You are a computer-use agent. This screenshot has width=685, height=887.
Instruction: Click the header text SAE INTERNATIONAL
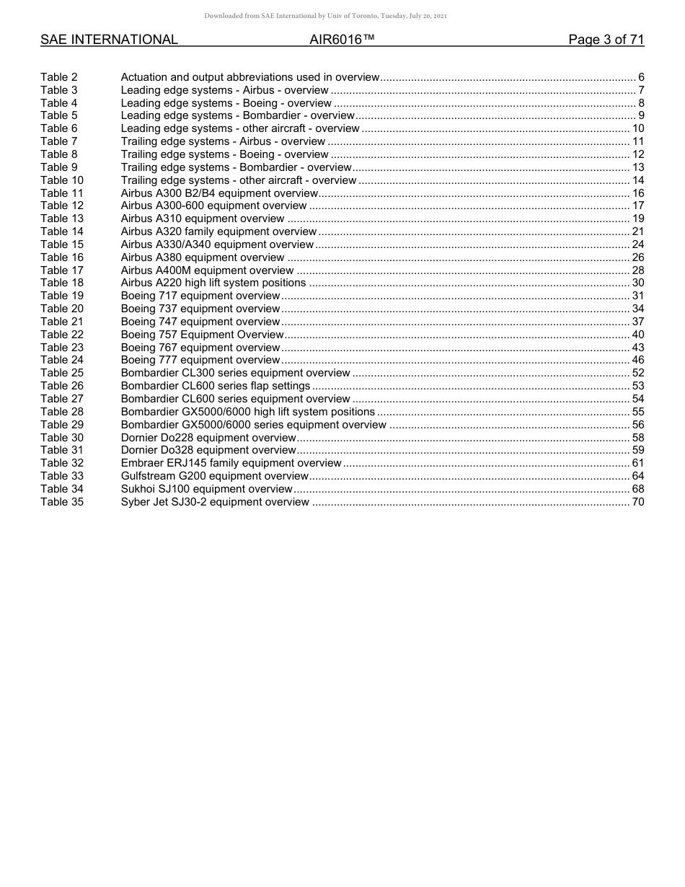pyautogui.click(x=109, y=40)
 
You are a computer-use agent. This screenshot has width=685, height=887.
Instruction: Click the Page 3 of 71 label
pyautogui.click(x=606, y=40)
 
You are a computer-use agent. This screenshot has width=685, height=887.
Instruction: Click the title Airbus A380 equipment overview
pyautogui.click(x=203, y=257)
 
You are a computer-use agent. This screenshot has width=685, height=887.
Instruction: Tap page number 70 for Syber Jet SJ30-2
pyautogui.click(x=637, y=502)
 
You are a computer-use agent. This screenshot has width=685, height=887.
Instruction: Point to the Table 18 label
pyautogui.click(x=62, y=283)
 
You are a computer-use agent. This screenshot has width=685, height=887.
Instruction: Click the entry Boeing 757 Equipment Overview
pyautogui.click(x=203, y=335)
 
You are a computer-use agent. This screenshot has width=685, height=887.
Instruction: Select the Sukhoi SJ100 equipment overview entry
pyautogui.click(x=207, y=489)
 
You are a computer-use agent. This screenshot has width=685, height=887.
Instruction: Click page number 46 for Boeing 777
pyautogui.click(x=637, y=360)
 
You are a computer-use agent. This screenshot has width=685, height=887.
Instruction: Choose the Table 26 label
pyautogui.click(x=62, y=386)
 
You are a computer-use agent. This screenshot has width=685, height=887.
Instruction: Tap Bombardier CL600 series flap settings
pyautogui.click(x=216, y=386)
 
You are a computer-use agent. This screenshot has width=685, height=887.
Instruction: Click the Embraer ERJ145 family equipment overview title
pyautogui.click(x=231, y=463)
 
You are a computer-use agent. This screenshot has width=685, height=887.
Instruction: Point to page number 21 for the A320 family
pyautogui.click(x=637, y=231)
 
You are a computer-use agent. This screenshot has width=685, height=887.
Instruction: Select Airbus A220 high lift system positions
pyautogui.click(x=213, y=283)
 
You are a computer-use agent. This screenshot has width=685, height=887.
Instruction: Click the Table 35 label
pyautogui.click(x=62, y=502)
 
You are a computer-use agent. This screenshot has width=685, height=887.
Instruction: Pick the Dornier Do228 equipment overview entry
pyautogui.click(x=208, y=438)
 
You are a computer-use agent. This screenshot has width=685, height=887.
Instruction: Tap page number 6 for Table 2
pyautogui.click(x=641, y=77)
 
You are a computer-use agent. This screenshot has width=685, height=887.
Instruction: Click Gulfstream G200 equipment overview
pyautogui.click(x=215, y=476)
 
